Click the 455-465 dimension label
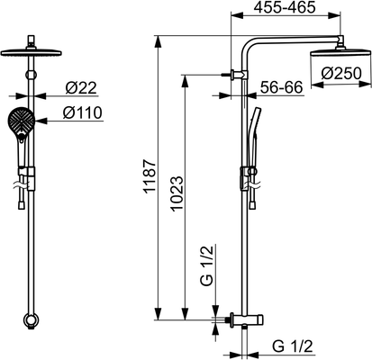285,7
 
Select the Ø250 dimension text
341,74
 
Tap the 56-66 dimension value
281,87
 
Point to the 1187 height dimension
150,176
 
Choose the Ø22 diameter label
81,88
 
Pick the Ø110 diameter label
83,112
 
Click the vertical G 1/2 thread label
206,265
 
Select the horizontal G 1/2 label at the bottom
293,346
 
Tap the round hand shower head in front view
21,121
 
